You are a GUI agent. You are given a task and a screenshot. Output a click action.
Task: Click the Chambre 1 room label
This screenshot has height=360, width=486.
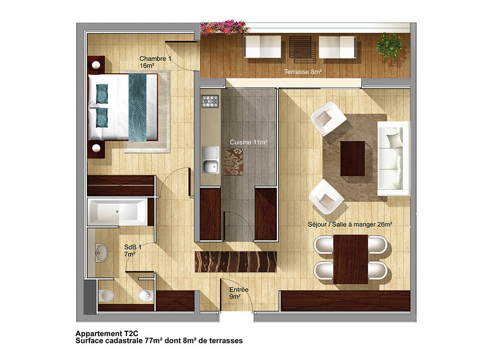155,62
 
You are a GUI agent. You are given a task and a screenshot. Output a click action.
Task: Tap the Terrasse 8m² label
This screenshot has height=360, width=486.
303,72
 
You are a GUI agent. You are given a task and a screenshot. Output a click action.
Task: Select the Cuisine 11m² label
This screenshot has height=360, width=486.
248,142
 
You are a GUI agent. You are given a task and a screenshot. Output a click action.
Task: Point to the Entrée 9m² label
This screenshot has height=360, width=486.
238,293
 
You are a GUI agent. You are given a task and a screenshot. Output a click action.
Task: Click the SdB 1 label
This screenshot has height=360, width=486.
133,251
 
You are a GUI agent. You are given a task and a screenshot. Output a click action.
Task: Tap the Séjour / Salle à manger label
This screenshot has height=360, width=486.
350,224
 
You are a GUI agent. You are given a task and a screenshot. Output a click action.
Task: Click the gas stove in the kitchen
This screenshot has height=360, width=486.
210,101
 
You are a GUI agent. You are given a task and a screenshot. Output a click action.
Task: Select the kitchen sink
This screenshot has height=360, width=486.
211,160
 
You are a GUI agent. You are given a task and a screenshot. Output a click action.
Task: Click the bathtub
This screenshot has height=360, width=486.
117,212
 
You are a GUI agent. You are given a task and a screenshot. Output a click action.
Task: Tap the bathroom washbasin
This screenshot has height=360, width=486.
101,253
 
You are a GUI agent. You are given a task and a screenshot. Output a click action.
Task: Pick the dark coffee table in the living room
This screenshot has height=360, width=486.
352,158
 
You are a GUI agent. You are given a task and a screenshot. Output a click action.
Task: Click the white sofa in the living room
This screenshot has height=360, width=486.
394,158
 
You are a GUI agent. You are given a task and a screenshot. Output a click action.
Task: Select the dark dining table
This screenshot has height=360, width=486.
351,259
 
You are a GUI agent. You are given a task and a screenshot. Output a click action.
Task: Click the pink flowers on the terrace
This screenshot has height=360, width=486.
224,27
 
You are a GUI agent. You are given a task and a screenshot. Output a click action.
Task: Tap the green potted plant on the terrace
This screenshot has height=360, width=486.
389,45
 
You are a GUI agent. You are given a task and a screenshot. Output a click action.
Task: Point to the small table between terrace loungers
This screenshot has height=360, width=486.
300,47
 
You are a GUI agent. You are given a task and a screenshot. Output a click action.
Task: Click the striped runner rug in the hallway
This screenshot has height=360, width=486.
235,262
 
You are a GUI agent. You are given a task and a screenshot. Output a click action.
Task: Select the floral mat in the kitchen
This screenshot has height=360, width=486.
234,162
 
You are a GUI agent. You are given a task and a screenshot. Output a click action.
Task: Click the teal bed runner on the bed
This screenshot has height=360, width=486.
137,107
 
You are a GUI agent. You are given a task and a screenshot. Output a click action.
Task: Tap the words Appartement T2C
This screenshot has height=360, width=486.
107,333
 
